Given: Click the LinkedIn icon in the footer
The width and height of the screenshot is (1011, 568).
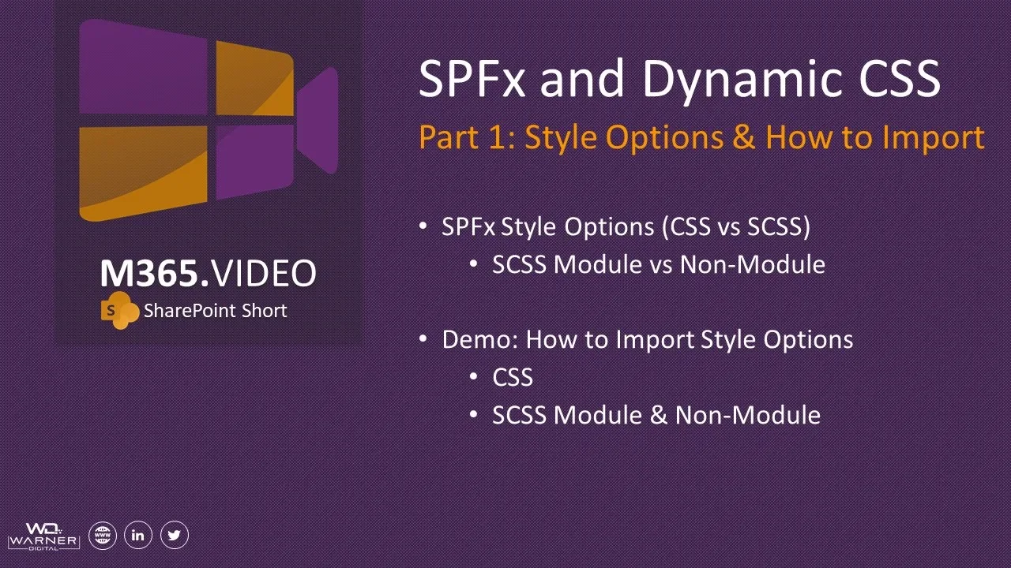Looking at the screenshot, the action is point(137,535).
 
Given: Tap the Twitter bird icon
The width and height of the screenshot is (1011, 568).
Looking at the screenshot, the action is point(175,535).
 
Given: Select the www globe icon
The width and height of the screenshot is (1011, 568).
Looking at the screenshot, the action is point(103,535).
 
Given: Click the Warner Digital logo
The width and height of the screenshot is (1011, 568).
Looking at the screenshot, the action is point(43,536).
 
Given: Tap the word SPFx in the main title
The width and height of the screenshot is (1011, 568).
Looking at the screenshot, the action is point(472,78).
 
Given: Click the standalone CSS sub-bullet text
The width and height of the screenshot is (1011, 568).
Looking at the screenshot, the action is point(513,377).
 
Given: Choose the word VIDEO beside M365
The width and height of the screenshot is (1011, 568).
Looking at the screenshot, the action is point(264,273).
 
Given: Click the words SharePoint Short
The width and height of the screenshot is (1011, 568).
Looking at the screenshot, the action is point(216,311).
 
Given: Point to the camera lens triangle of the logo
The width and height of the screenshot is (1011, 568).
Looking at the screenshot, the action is point(318,121).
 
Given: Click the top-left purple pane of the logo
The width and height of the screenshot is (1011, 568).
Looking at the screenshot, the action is point(143,67).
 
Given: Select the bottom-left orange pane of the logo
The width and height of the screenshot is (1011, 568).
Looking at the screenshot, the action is point(143,173).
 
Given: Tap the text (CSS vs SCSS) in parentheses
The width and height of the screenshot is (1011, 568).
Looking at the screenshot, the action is point(736,226).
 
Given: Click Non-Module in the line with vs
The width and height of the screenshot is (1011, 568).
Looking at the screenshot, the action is point(753,264).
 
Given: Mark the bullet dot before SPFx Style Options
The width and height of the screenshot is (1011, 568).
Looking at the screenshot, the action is point(423,225).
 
